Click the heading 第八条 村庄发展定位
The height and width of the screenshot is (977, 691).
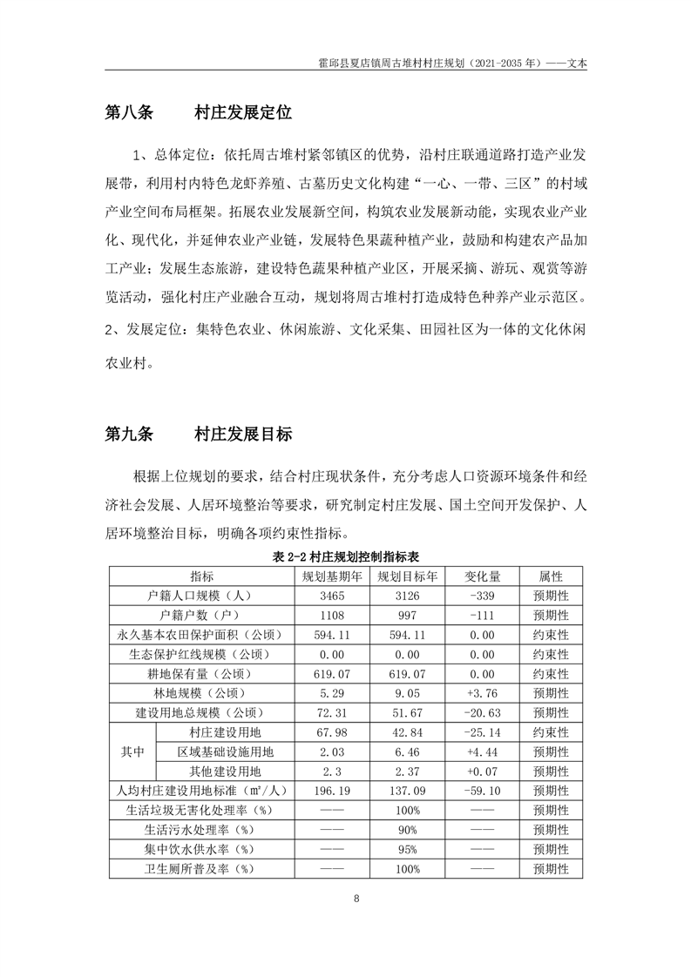(198, 113)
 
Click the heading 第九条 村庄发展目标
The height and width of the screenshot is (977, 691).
(198, 435)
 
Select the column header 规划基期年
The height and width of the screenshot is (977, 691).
(332, 576)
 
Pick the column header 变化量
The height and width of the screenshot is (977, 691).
(481, 576)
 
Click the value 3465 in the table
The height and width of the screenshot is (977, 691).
(332, 596)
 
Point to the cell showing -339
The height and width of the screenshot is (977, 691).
(481, 596)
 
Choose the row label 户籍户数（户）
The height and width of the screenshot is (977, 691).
(200, 616)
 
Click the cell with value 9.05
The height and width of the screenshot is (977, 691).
(407, 693)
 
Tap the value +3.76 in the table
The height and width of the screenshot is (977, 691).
(481, 693)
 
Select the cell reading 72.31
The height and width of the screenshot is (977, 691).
(332, 712)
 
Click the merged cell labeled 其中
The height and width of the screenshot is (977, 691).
(132, 751)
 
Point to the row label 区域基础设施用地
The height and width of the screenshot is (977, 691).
(225, 751)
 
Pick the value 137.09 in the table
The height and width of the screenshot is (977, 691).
(407, 791)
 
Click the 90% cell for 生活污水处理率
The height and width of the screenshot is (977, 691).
(407, 830)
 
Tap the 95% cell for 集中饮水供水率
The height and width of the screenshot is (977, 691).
(407, 849)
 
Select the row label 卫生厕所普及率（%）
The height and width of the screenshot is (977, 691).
(200, 869)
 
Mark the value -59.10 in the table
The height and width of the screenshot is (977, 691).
(481, 791)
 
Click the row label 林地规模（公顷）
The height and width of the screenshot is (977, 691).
(200, 693)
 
